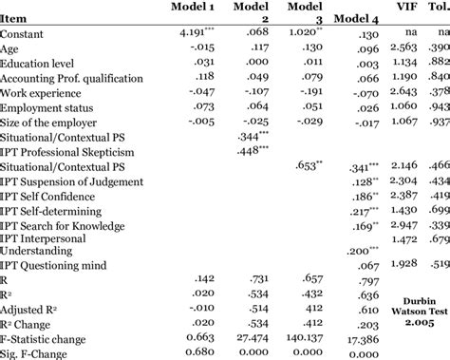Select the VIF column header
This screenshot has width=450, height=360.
(x=399, y=9)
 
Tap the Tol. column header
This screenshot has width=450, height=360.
(x=438, y=9)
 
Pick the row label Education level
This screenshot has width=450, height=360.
(x=44, y=61)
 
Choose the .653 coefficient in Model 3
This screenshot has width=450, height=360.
(x=311, y=164)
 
